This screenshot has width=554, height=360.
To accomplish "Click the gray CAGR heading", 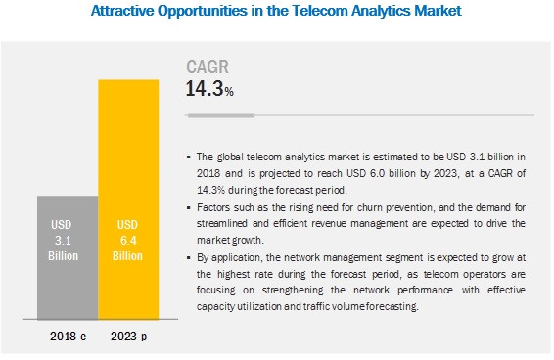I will pyautogui.click(x=208, y=68).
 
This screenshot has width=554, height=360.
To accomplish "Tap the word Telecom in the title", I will pyautogui.click(x=322, y=12).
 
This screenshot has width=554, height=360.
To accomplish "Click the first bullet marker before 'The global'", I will pyautogui.click(x=189, y=156).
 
